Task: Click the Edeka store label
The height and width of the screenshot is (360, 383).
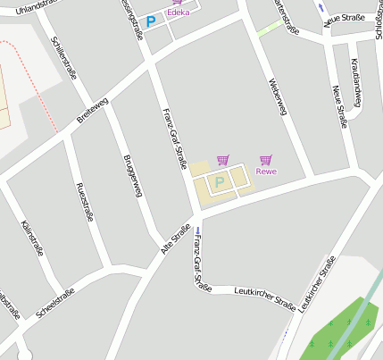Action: tap(179, 13)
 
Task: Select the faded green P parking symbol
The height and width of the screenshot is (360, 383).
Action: tap(220, 182)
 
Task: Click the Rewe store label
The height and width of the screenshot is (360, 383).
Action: tap(266, 172)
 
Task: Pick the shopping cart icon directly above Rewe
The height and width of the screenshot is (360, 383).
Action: tap(265, 160)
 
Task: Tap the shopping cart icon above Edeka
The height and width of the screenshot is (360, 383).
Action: tap(177, 3)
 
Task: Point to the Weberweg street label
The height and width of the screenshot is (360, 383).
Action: tap(279, 96)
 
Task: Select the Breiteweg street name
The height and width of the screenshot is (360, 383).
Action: tap(93, 111)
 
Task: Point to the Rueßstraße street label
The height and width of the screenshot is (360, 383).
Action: tap(86, 200)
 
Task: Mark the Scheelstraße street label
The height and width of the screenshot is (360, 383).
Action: tap(55, 303)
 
